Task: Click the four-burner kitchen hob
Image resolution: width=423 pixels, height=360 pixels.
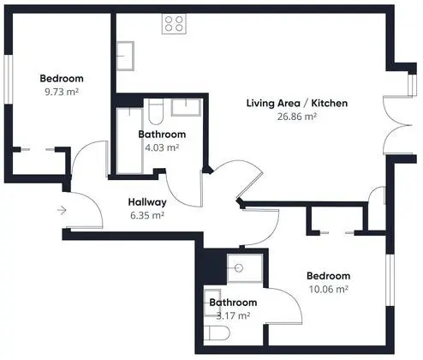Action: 174,24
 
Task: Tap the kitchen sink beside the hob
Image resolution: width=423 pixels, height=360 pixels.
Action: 125,56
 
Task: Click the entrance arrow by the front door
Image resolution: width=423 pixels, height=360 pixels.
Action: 62,210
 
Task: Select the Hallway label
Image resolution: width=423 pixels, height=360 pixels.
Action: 147,202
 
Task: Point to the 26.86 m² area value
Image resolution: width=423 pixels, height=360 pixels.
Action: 297,117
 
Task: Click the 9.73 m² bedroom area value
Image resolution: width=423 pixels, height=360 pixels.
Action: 62,92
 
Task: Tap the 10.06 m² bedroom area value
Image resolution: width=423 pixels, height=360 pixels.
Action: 329,289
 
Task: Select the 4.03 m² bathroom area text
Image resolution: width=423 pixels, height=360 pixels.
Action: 162,147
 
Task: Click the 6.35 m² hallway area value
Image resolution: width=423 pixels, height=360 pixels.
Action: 147,215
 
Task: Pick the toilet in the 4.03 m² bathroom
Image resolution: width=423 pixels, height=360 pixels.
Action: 156,111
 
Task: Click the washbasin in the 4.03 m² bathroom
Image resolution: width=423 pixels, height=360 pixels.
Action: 186,107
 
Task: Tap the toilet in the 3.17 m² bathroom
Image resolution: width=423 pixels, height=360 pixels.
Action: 217,333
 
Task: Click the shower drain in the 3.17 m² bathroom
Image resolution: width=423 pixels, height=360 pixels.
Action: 239,268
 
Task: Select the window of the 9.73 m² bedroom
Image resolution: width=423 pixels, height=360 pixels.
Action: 9,79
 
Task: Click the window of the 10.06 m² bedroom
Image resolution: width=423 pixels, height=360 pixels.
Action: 390,279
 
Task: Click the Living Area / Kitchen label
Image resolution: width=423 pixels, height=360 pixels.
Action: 297,103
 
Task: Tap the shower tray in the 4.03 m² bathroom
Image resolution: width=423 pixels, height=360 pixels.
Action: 129,141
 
